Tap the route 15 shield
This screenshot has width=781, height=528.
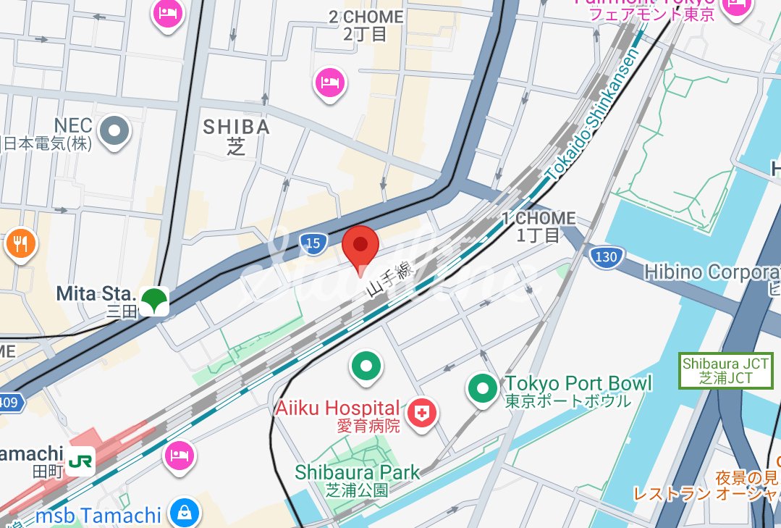(313, 244)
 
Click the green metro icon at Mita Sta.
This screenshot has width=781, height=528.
(154, 300)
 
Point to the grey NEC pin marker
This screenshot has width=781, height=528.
(114, 132)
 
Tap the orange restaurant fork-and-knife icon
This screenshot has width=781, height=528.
(20, 244)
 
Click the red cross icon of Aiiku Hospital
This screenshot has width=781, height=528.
(422, 414)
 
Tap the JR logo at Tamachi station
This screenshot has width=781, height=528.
(80, 461)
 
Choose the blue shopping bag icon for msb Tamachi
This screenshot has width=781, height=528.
(184, 513)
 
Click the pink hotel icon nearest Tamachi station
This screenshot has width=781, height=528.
(179, 456)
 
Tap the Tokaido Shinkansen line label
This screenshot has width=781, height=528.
(592, 116)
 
